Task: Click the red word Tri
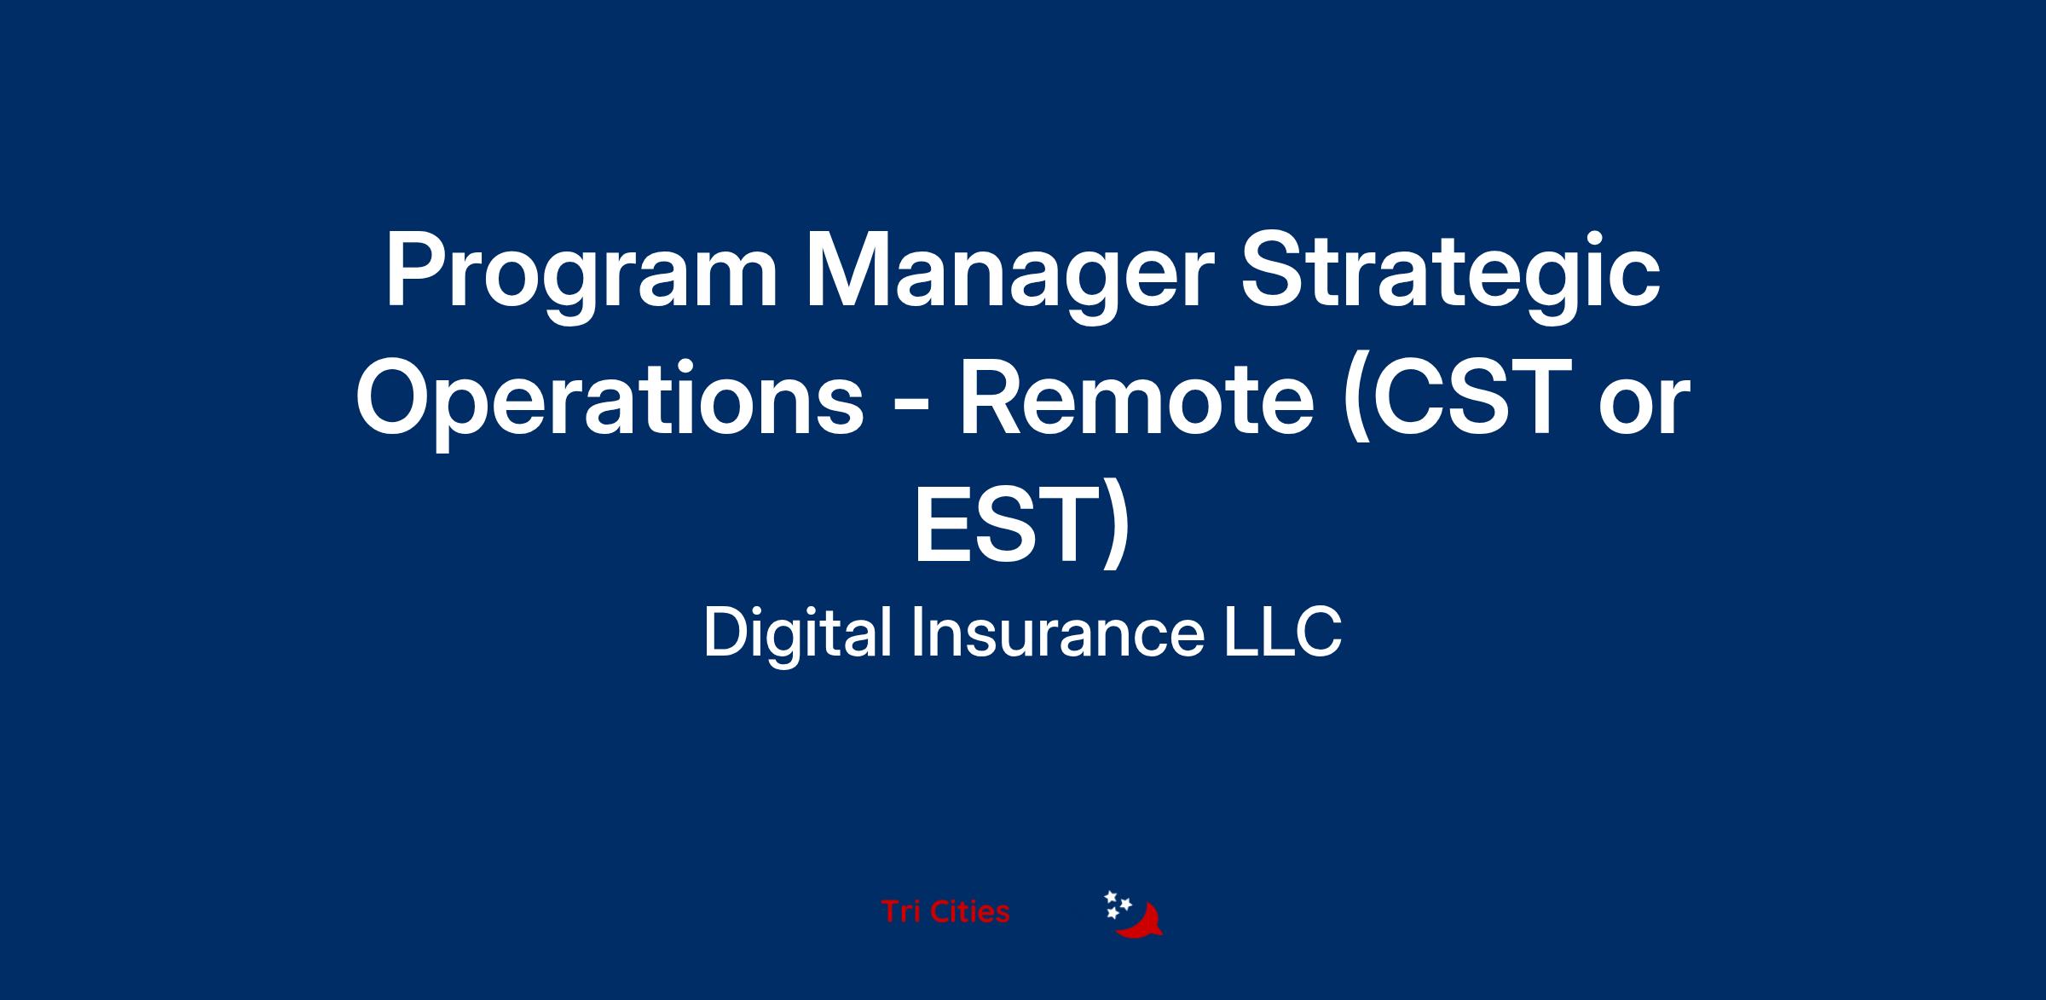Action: [x=900, y=911]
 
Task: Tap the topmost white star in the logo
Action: [x=1111, y=897]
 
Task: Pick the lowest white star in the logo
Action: [x=1113, y=914]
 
